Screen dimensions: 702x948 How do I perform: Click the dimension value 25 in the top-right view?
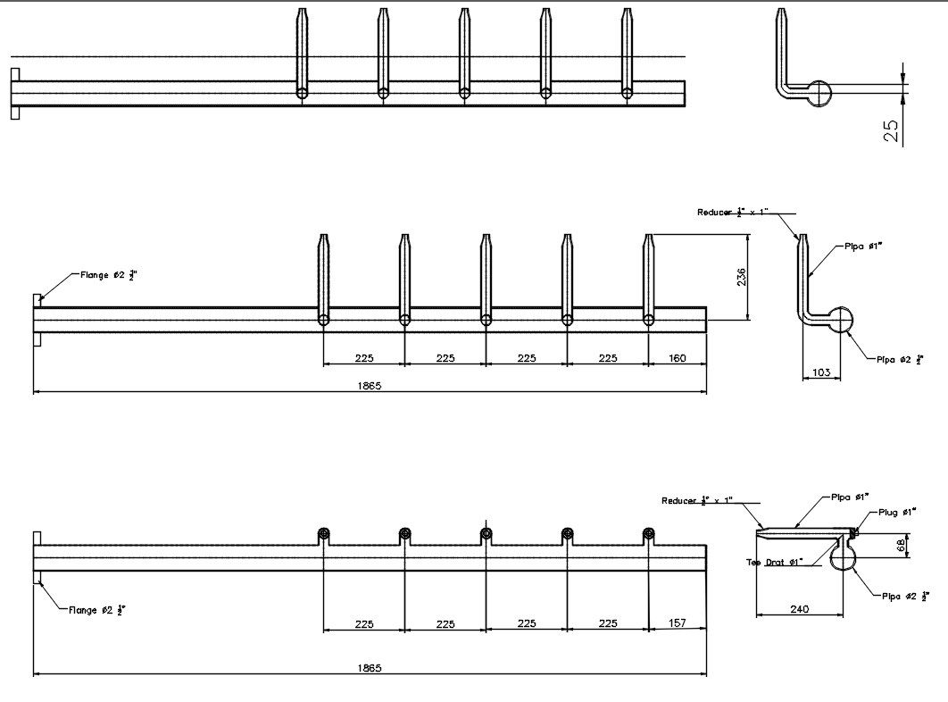point(891,130)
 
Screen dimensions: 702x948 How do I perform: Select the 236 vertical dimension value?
point(741,277)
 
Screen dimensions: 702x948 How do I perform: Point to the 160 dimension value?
point(677,358)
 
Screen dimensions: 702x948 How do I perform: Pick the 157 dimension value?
point(677,623)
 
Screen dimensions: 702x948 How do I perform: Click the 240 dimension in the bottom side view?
point(799,608)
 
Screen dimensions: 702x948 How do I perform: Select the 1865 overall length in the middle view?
point(369,385)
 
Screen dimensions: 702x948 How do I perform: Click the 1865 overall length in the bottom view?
point(369,667)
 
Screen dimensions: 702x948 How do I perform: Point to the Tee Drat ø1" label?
point(774,562)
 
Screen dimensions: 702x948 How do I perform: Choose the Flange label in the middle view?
point(102,276)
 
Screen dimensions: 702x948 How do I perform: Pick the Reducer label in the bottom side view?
point(696,501)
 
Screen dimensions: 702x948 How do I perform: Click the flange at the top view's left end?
point(14,93)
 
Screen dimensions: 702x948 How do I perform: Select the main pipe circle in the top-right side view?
point(816,92)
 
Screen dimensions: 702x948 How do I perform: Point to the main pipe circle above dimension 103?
point(838,319)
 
